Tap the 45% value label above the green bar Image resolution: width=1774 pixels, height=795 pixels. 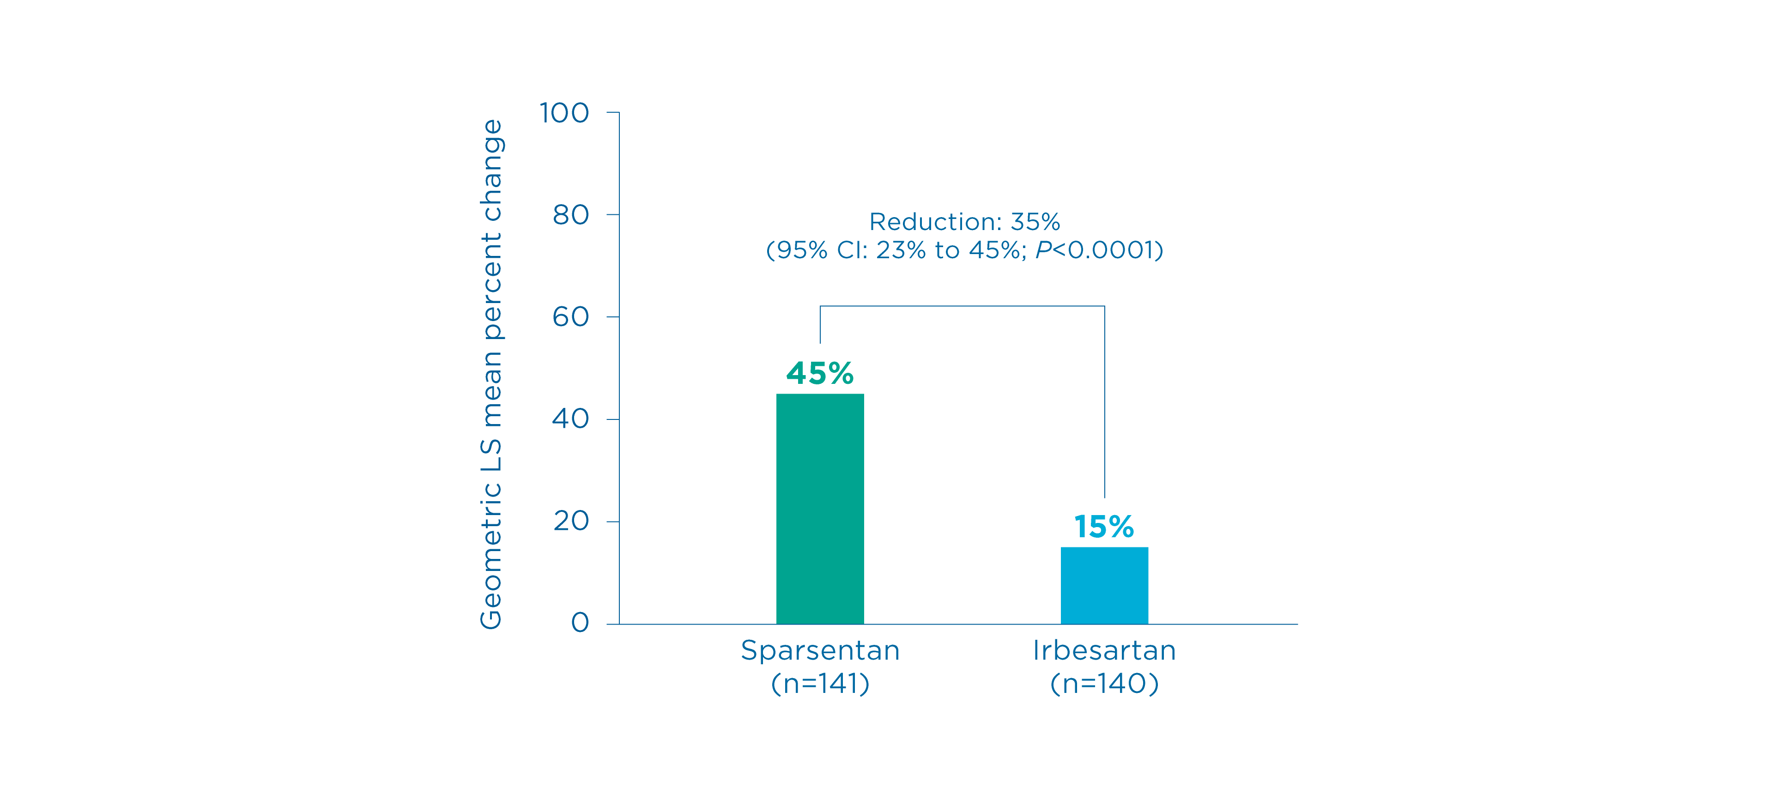819,373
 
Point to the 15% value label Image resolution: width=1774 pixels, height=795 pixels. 1103,527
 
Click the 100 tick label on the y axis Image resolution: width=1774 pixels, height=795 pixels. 564,113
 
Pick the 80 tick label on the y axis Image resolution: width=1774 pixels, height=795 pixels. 571,215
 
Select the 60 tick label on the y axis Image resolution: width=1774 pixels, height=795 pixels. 571,317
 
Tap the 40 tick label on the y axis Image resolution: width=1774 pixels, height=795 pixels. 571,419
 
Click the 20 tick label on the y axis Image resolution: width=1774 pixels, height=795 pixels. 571,521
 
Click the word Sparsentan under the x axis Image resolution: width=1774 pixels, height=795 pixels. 819,650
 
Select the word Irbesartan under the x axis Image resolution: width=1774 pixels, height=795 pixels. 1104,650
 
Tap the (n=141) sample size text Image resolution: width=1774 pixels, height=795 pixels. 819,683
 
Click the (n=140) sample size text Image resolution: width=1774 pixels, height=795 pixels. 1104,683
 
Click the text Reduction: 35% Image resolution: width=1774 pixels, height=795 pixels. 964,222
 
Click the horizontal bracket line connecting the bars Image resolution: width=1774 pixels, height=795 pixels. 962,306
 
